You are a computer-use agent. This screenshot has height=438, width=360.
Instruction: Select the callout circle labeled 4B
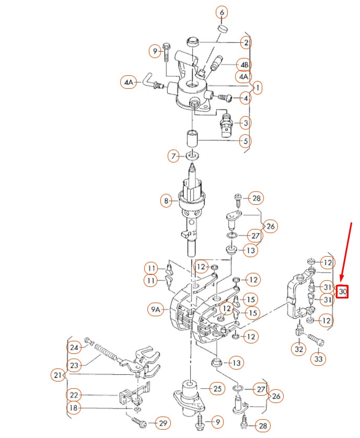pyautogui.click(x=244, y=64)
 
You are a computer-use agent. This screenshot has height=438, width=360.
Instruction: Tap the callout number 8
pyautogui.click(x=167, y=200)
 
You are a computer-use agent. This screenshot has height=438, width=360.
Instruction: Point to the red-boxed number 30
pyautogui.click(x=342, y=291)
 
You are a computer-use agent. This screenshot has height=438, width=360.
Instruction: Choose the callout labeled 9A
pyautogui.click(x=157, y=310)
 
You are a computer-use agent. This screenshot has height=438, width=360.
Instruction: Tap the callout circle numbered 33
pyautogui.click(x=318, y=359)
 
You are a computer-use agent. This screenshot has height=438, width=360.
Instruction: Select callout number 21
pyautogui.click(x=57, y=375)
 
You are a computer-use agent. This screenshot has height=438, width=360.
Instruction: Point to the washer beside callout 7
pyautogui.click(x=192, y=155)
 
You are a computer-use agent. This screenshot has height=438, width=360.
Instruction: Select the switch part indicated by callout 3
pyautogui.click(x=226, y=124)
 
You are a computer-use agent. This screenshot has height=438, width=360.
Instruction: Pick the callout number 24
pyautogui.click(x=73, y=347)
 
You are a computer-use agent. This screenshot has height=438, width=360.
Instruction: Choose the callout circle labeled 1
pyautogui.click(x=258, y=86)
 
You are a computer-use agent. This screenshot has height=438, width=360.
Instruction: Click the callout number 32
pyautogui.click(x=299, y=349)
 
